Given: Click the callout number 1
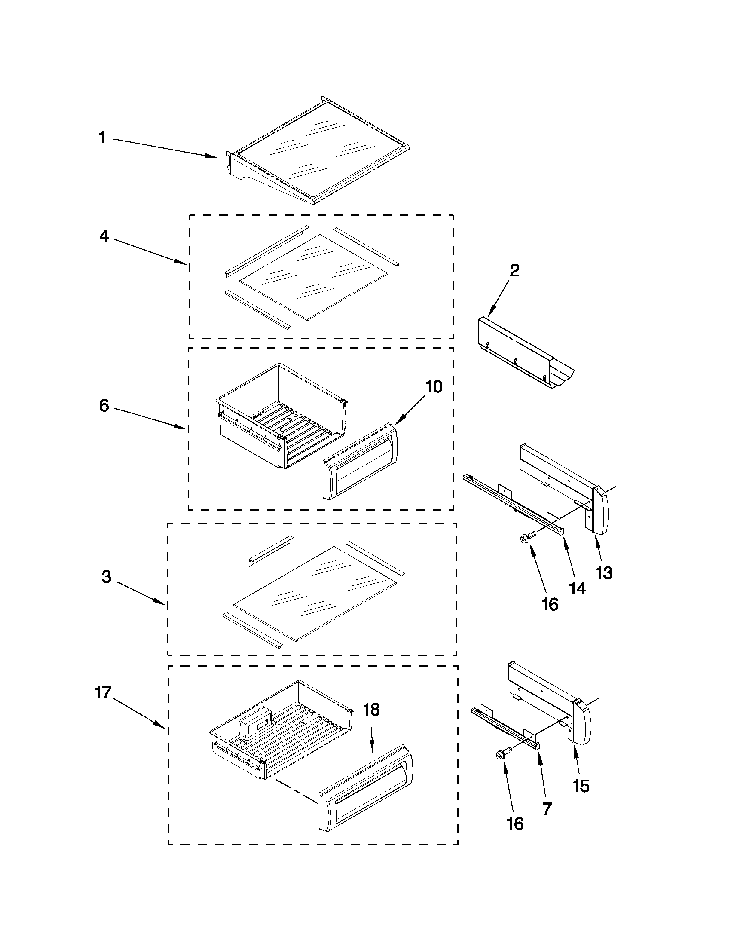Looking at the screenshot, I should pyautogui.click(x=102, y=138).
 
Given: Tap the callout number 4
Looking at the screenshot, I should pyautogui.click(x=104, y=236).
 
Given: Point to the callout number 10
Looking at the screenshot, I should pyautogui.click(x=434, y=386).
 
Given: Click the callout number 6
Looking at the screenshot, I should pyautogui.click(x=104, y=406).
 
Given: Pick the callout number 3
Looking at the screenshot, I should pyautogui.click(x=107, y=577).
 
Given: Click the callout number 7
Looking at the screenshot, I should pyautogui.click(x=547, y=808).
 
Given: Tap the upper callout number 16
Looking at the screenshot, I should pyautogui.click(x=550, y=604).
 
